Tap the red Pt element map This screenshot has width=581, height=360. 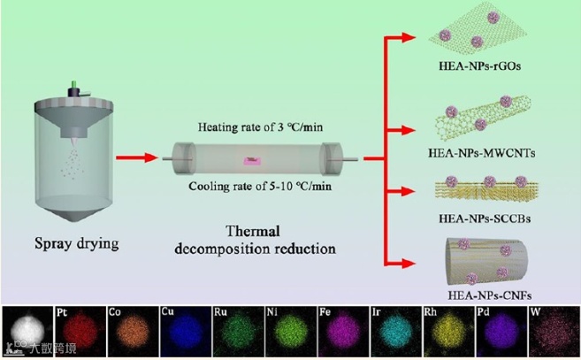click(79, 335)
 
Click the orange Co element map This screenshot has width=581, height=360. click(132, 335)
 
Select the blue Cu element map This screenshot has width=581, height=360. click(184, 335)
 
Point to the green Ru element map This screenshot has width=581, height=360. click(236, 335)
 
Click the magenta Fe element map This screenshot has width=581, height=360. click(342, 335)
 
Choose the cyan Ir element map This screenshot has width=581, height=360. click(395, 335)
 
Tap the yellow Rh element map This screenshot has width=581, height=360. click(447, 335)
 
